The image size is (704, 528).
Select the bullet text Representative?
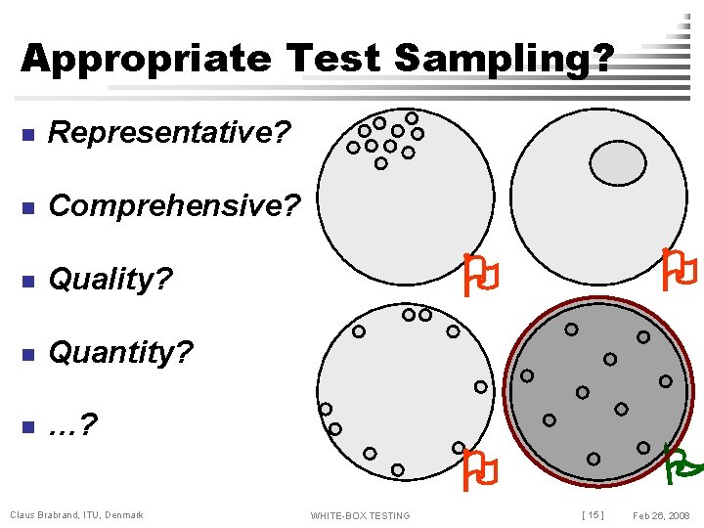click(x=170, y=132)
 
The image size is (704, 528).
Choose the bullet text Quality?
click(x=110, y=280)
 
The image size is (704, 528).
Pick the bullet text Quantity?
click(x=121, y=352)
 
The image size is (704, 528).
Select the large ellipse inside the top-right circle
click(x=615, y=162)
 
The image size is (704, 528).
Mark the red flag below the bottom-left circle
click(x=481, y=469)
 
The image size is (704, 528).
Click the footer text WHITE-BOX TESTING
click(x=360, y=515)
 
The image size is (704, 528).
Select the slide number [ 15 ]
click(x=593, y=515)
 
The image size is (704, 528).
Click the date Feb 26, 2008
click(x=662, y=515)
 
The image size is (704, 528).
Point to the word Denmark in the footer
click(x=123, y=515)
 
